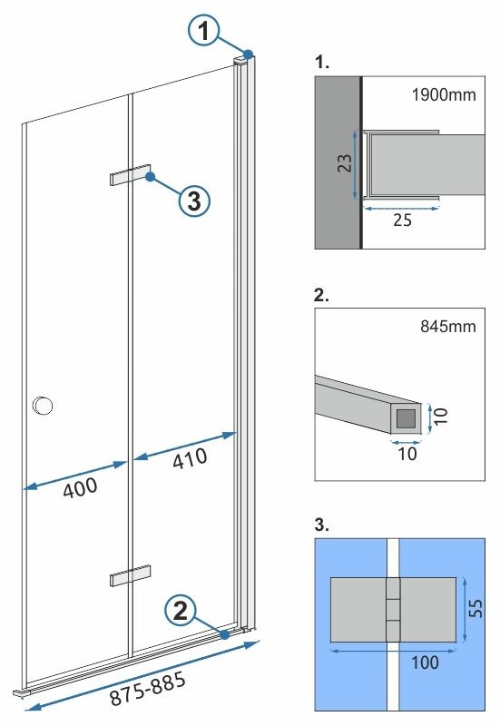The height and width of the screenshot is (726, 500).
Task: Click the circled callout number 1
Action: click(207, 33)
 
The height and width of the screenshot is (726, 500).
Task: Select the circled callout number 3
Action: click(193, 201)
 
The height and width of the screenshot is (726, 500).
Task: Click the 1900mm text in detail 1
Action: click(445, 94)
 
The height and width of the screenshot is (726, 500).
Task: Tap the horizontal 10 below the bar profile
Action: click(407, 453)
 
